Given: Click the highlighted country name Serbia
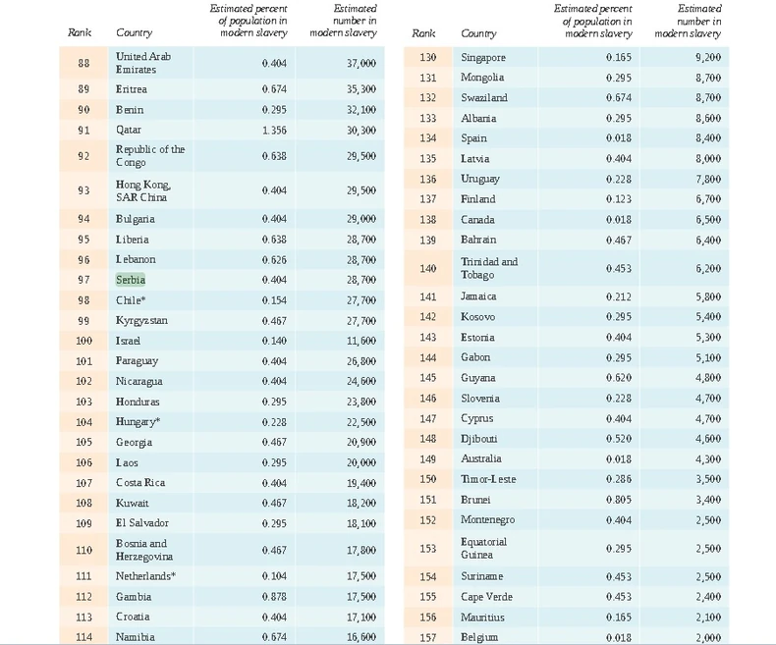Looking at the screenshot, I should click(131, 280).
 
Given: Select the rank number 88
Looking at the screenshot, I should click(83, 64).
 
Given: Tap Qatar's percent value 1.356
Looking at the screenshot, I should click(274, 130).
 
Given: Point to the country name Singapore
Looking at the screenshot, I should click(483, 58).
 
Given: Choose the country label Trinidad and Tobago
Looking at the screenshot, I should click(488, 268).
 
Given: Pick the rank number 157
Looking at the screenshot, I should click(427, 637).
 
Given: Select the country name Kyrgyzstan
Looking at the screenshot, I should click(141, 321).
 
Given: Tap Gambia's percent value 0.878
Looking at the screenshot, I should click(274, 597).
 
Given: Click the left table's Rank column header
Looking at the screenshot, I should click(80, 32).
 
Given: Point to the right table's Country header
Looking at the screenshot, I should click(478, 33).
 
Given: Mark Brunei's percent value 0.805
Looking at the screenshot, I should click(619, 500).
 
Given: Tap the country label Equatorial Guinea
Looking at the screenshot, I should click(483, 548).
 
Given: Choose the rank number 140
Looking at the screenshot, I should click(427, 268).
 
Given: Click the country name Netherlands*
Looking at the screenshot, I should click(145, 576).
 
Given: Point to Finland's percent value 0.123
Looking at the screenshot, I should click(619, 199).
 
